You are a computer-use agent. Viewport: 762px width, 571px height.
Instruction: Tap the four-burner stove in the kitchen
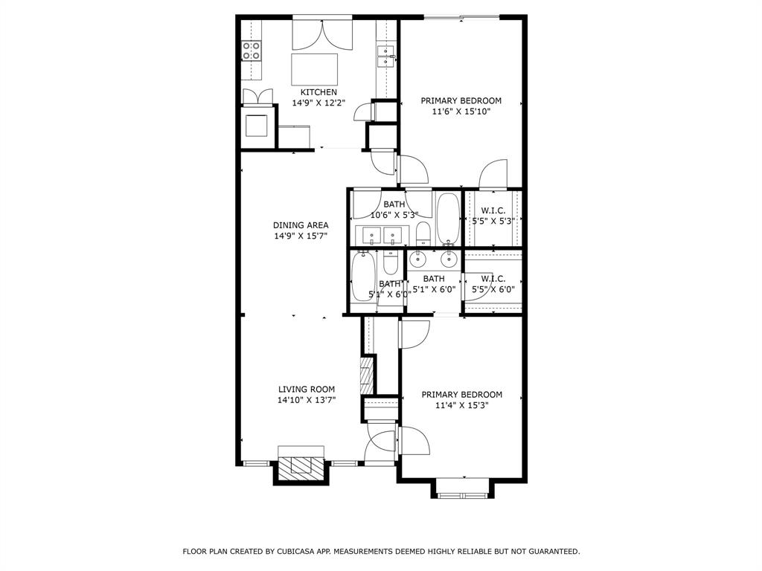click(252, 51)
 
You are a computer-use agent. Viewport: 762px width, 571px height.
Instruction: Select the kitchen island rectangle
click(313, 68)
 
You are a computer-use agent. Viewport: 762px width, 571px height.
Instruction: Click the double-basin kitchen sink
click(385, 51)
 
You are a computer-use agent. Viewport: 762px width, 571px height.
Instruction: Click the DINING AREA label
click(301, 225)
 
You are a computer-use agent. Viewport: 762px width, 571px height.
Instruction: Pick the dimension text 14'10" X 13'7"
click(306, 400)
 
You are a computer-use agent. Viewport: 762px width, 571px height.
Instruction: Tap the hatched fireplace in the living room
click(301, 465)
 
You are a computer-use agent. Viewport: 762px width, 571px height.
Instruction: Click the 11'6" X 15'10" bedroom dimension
click(461, 112)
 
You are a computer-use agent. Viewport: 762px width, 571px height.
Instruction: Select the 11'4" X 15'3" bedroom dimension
click(461, 406)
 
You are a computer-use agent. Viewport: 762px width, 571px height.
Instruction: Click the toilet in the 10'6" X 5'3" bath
click(423, 233)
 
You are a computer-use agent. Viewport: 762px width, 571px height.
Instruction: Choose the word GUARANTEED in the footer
click(550, 552)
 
